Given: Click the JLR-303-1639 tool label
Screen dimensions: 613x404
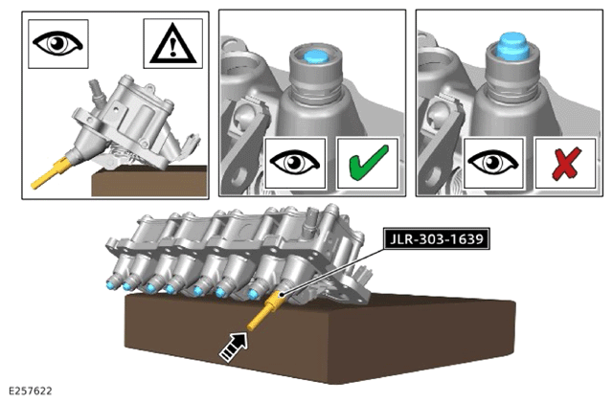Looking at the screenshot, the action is coord(436,238).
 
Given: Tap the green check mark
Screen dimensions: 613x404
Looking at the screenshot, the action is coord(368,163).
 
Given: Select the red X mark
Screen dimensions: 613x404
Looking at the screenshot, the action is coord(566,164).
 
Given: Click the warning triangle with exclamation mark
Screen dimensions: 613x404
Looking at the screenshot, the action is coord(172,43).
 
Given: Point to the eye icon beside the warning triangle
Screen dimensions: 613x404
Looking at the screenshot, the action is coord(57,42).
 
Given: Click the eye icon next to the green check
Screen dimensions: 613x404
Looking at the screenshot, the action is coord(295,162).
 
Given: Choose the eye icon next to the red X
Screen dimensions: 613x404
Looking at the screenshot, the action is coord(493,162).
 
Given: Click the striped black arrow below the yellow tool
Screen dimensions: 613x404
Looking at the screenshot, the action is coord(234,347).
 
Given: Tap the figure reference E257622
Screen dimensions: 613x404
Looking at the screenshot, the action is coord(30,392).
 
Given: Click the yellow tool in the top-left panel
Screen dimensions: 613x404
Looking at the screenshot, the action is coord(51,172).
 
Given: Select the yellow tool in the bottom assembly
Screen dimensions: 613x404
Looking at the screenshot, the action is coord(266,310).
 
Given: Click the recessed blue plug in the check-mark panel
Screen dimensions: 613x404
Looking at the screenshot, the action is coord(316,56).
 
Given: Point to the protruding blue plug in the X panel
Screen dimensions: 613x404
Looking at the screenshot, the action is coord(512,46).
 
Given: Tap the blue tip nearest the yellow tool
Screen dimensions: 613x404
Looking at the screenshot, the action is coord(253,294).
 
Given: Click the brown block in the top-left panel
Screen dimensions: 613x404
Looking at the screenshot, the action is coord(149,181).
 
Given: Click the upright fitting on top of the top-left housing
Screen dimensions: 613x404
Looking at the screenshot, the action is coord(97,90).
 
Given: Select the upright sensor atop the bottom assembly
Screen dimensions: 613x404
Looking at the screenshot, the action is coord(313,216).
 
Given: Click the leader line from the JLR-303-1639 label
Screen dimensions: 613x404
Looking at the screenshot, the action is coord(332,270).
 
